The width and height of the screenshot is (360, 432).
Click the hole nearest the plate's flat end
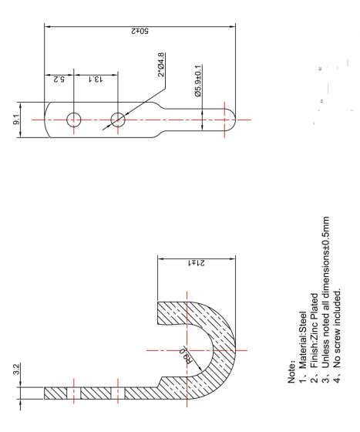[75, 120]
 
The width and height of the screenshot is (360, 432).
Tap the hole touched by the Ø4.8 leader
[118, 120]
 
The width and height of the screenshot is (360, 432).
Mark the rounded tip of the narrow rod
[234, 120]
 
